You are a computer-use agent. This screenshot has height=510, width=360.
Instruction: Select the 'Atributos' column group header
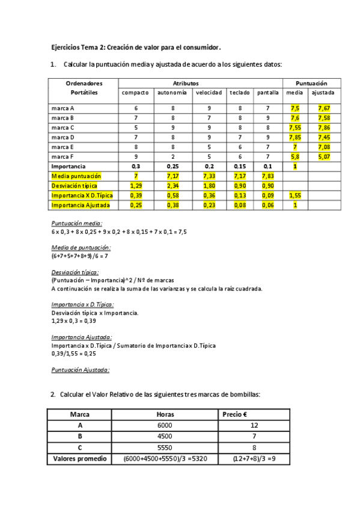(185, 82)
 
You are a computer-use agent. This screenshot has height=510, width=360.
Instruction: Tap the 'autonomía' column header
(172, 93)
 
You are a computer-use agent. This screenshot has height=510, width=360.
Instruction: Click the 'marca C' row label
(63, 127)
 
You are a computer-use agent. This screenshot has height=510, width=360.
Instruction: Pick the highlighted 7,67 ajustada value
(323, 108)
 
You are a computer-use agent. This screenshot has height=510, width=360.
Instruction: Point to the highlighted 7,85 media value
(294, 137)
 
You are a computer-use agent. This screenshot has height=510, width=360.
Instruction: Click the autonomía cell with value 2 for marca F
(172, 156)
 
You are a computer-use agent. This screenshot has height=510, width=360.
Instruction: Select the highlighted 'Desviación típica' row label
(75, 186)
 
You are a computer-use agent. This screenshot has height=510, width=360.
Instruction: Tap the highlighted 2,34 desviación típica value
(172, 186)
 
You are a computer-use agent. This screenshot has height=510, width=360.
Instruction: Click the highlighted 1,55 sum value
(294, 195)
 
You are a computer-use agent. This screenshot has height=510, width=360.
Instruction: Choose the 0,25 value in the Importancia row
(172, 166)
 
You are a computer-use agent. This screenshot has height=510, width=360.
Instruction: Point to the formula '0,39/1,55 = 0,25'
(74, 354)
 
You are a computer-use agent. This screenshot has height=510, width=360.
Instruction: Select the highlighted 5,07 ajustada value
(323, 156)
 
